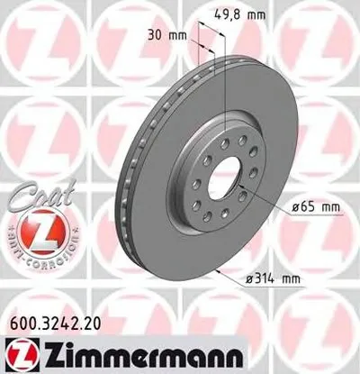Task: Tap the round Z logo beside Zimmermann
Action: (x=19, y=355)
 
